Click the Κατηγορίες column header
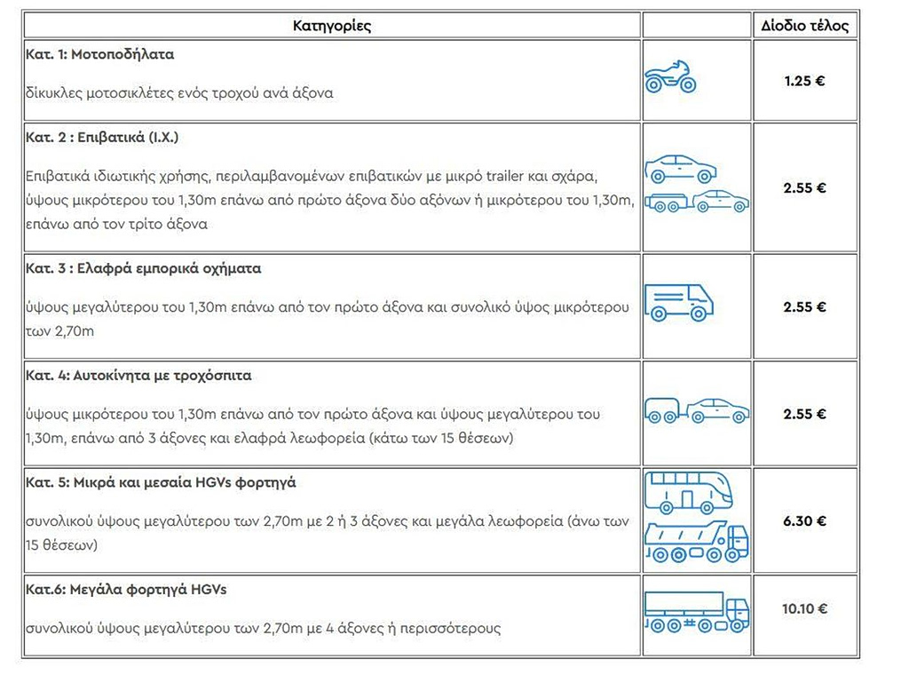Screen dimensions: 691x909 (332, 25)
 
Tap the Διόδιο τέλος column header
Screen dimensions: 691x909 (804, 25)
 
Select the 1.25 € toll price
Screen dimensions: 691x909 (804, 80)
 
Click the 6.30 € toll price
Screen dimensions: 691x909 (804, 520)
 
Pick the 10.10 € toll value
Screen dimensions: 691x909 (804, 609)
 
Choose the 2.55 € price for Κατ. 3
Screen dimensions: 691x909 (804, 307)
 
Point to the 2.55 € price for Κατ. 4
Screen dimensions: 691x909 (804, 414)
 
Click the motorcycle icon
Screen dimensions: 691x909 (670, 78)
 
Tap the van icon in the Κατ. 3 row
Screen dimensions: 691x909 (678, 303)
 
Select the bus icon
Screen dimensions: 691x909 (689, 491)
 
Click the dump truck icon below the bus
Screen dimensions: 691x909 (696, 543)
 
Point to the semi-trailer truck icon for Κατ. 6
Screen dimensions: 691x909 (696, 611)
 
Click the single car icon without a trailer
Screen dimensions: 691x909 (680, 169)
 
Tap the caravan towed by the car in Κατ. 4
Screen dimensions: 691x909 (663, 411)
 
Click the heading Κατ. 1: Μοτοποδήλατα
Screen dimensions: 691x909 (99, 54)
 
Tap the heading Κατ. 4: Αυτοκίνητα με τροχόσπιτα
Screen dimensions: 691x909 (138, 376)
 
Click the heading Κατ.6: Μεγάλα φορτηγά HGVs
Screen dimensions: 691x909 (125, 590)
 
